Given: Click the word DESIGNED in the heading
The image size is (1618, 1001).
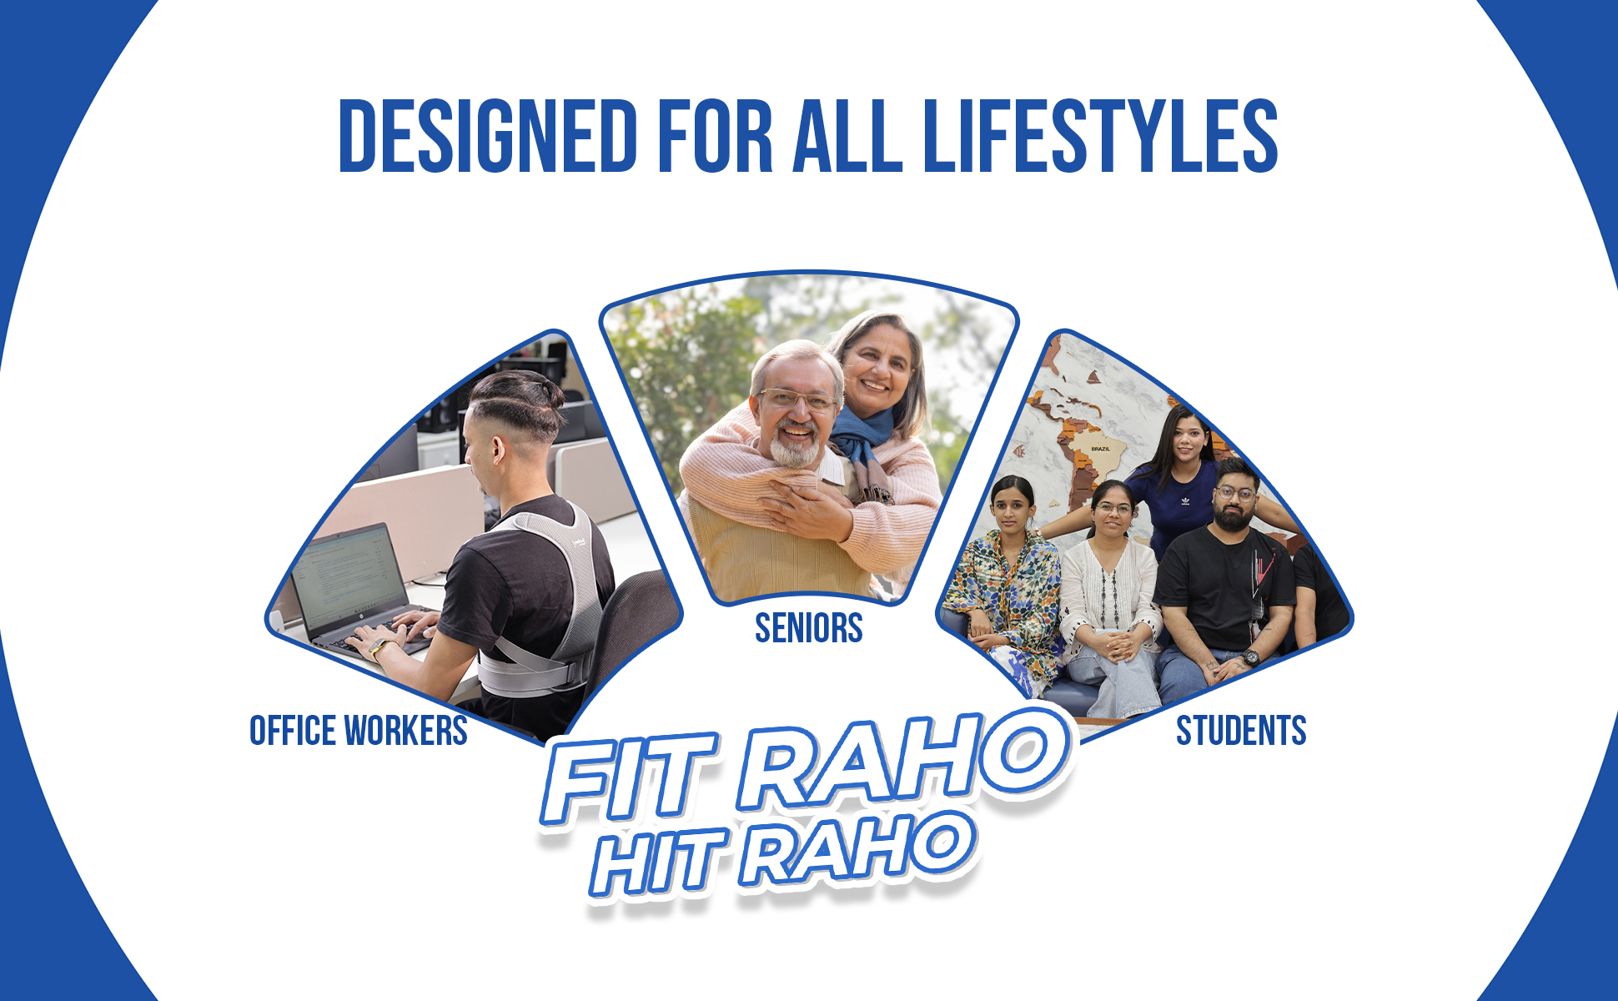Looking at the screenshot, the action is coord(488,136).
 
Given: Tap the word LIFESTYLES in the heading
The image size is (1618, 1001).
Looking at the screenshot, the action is coord(1101,136).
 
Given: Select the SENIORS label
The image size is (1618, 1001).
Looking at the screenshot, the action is coord(808,628).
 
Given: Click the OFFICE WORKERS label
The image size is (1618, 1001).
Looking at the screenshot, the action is coord(359,731).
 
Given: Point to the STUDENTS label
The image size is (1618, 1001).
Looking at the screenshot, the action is coord(1241,731).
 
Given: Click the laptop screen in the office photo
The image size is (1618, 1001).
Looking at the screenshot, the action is coord(351,576).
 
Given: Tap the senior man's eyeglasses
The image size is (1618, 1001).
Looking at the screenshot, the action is coord(797,400).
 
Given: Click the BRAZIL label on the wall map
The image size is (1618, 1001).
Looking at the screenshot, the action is coord(1100,449).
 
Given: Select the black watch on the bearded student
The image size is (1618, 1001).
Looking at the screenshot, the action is coord(1250,657).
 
